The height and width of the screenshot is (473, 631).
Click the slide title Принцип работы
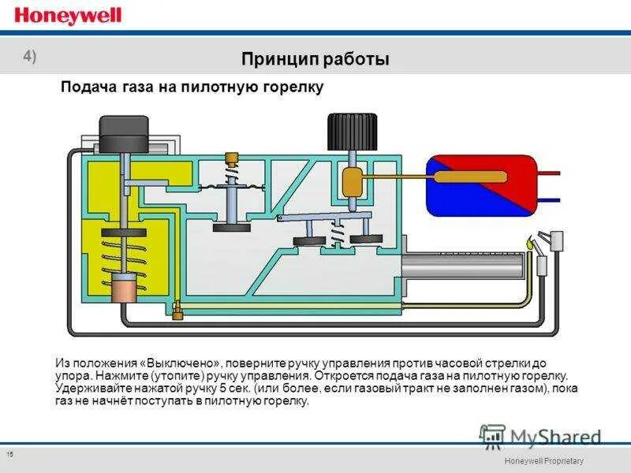[x=315, y=59]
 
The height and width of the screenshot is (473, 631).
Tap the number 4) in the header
[x=30, y=54]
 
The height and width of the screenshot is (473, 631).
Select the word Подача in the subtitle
[x=88, y=88]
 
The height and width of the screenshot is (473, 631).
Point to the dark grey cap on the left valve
[x=122, y=132]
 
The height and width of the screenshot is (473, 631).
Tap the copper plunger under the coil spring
[x=124, y=289]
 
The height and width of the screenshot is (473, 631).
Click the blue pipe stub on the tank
[x=550, y=199]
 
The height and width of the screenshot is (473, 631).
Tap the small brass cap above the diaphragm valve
[x=231, y=159]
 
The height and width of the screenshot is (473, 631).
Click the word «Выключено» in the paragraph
[x=179, y=363]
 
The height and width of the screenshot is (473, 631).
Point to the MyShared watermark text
[x=555, y=436]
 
